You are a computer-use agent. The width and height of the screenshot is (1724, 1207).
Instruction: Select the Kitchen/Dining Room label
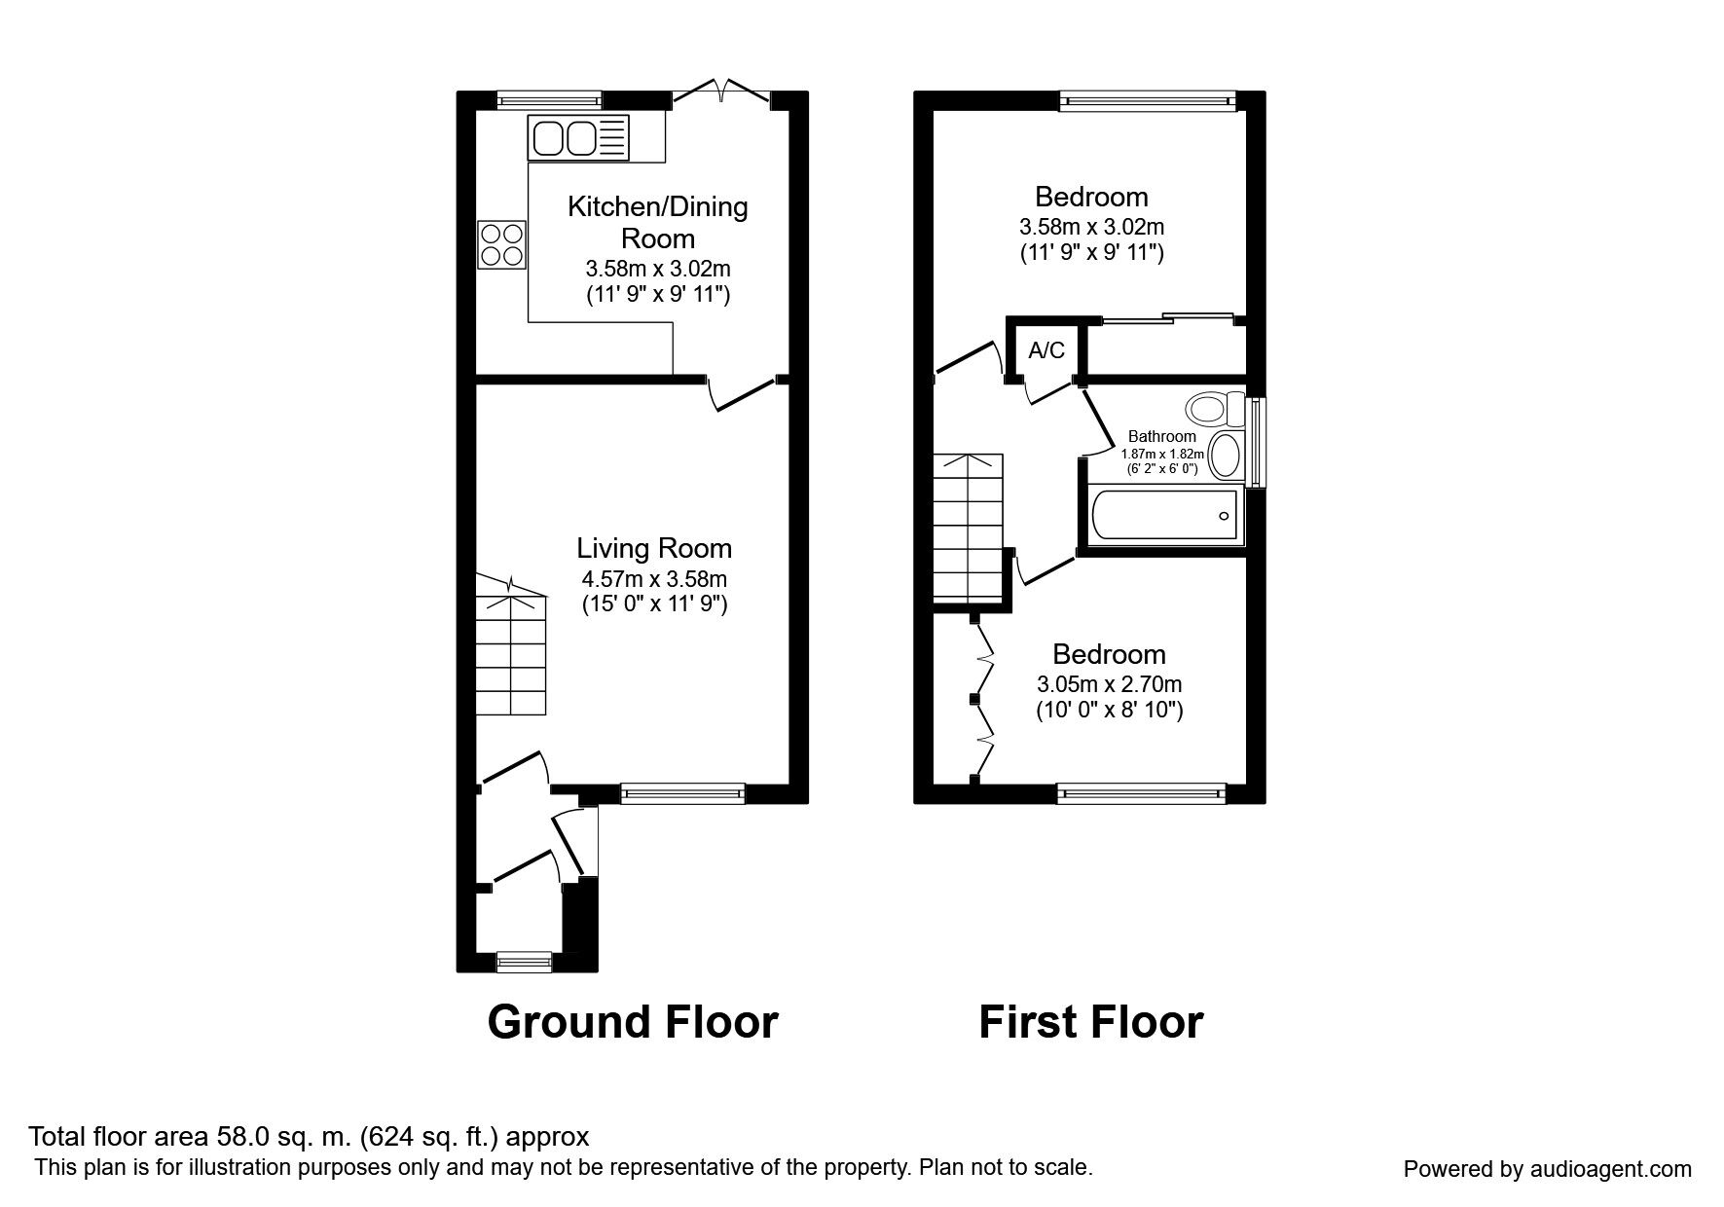coord(657,222)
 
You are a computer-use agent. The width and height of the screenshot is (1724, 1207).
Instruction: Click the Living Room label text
coord(654,548)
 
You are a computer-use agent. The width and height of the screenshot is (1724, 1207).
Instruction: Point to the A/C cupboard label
coord(1046,350)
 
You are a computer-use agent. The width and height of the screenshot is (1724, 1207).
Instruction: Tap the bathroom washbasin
coord(1226,455)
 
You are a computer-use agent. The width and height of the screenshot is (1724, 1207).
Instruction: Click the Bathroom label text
coord(1161,436)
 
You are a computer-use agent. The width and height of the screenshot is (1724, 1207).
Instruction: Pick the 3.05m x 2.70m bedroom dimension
coord(1109,684)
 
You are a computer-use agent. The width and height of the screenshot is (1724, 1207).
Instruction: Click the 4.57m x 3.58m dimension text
coord(654,578)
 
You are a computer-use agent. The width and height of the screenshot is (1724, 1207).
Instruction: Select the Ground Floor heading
coord(633,1022)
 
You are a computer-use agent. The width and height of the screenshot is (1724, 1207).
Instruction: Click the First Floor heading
coord(1090,1022)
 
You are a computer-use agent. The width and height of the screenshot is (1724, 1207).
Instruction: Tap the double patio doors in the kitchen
coord(721,92)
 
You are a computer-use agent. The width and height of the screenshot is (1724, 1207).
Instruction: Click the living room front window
coord(682,793)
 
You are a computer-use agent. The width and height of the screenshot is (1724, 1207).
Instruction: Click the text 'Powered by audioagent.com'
coord(1547,1169)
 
